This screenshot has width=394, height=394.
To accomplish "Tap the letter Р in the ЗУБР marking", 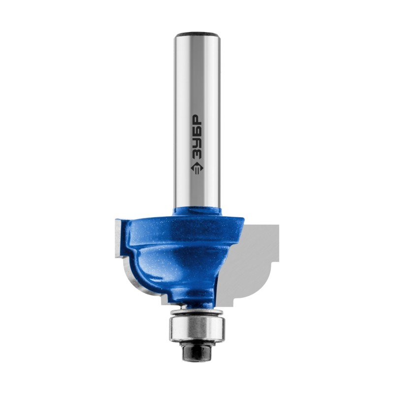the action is pyautogui.click(x=197, y=121).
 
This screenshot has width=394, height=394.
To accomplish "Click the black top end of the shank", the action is pyautogui.click(x=198, y=33).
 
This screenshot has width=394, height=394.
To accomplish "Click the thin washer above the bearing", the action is pyautogui.click(x=197, y=312).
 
